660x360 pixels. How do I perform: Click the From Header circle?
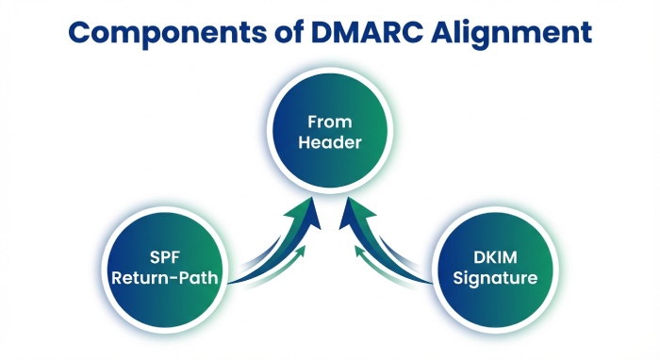click(327, 131)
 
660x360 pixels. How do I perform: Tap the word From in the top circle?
click(327, 121)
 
